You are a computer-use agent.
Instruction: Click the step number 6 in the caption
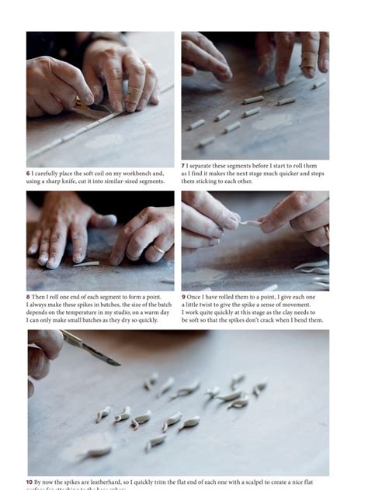point(29,174)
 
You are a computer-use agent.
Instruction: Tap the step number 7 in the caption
point(184,166)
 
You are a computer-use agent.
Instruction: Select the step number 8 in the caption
point(29,297)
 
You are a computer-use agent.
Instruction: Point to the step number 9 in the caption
point(184,297)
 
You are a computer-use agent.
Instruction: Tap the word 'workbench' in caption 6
point(128,174)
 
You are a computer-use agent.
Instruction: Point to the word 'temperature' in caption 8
point(78,312)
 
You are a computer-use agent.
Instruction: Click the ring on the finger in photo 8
point(158,250)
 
